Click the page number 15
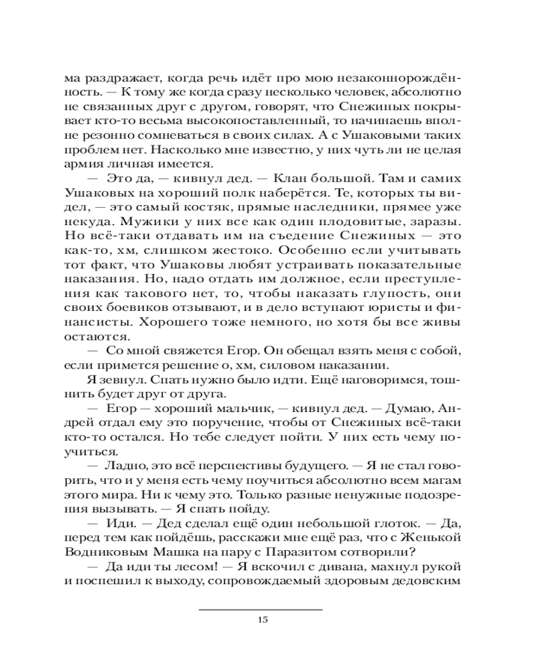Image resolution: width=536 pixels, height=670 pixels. [262, 618]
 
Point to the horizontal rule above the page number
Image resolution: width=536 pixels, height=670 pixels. [262, 608]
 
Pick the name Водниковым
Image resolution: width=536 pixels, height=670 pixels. [109, 551]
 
